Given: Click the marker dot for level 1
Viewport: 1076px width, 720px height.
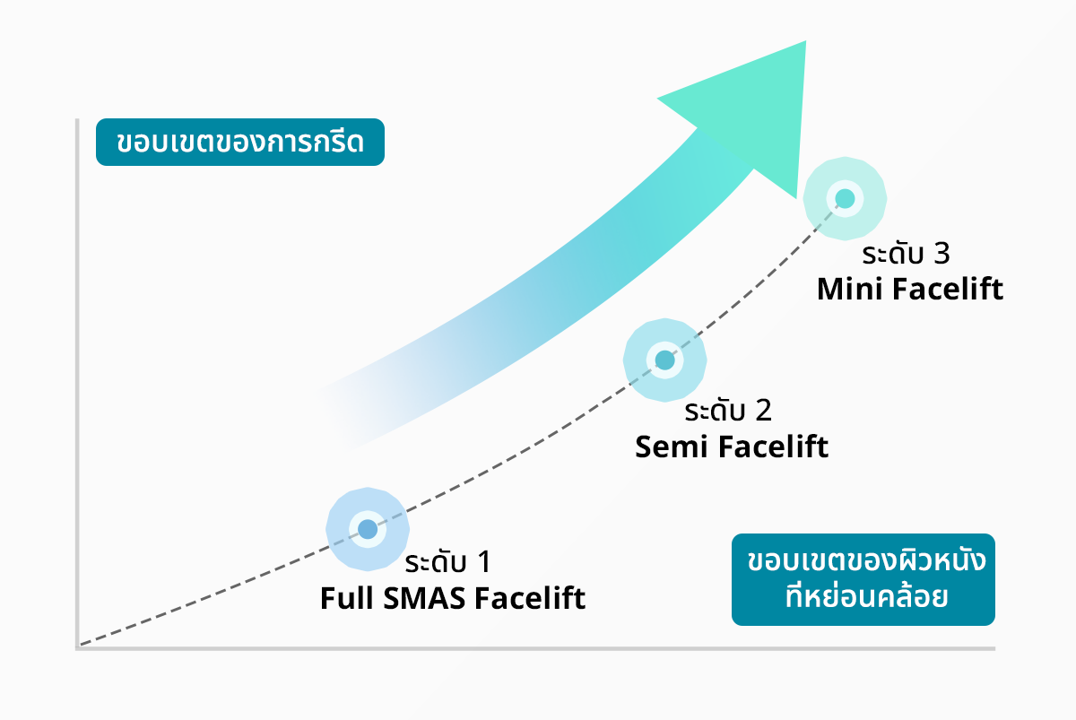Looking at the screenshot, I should click(x=368, y=529).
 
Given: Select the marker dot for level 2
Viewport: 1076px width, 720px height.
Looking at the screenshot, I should click(x=664, y=360).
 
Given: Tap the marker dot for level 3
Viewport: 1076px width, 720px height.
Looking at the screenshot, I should click(x=845, y=199).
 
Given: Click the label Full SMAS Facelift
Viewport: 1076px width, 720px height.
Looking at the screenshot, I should click(x=453, y=598).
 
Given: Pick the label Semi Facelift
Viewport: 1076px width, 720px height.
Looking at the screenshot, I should click(x=732, y=447).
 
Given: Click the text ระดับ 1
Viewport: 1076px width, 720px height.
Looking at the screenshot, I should click(x=447, y=562).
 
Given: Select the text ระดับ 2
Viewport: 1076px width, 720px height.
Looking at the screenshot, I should click(x=727, y=412).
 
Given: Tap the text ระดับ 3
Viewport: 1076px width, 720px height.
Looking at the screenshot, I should click(x=905, y=255).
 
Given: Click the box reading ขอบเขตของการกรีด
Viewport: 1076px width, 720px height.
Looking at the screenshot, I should click(x=240, y=143).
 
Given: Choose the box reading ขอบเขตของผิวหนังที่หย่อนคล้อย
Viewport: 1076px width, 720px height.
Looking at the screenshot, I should click(x=863, y=580).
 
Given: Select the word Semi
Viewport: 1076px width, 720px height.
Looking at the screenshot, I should click(x=667, y=447).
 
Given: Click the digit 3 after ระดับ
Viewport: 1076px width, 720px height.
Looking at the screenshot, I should click(x=941, y=255).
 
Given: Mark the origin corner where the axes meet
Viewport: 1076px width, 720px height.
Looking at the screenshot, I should click(x=79, y=646).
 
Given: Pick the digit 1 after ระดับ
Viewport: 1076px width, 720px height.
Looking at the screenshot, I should click(x=483, y=562).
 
